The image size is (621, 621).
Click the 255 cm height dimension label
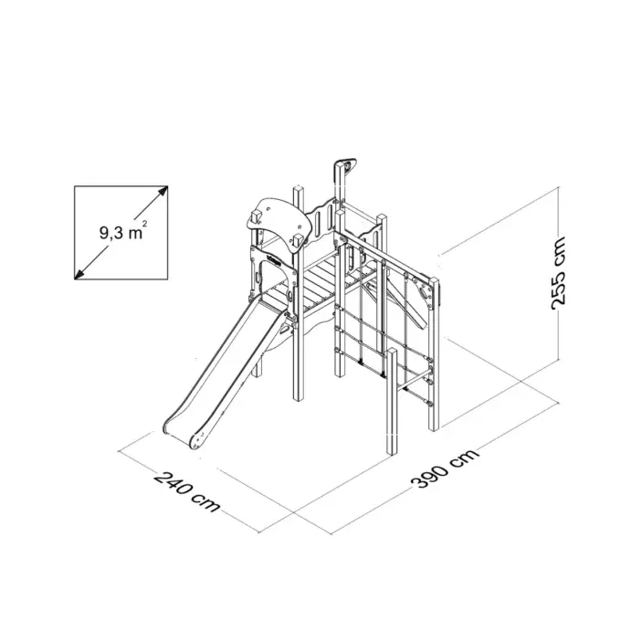click(x=558, y=273)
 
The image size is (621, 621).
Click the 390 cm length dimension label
click(x=445, y=468)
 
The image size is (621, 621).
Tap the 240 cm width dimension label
click(x=186, y=491)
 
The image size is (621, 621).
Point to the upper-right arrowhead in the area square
click(x=163, y=191)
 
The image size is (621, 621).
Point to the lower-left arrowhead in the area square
click(x=79, y=274)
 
